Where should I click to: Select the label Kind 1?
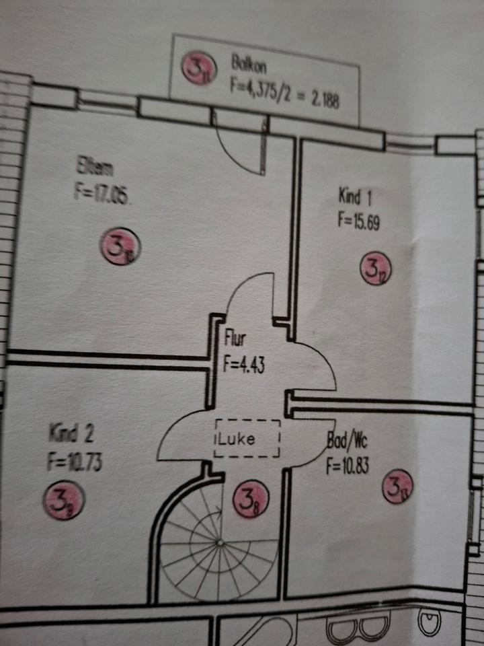click(x=356, y=197)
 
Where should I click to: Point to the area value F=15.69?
click(x=359, y=221)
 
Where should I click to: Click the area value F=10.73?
click(x=75, y=463)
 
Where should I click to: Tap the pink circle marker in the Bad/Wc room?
click(x=398, y=487)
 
